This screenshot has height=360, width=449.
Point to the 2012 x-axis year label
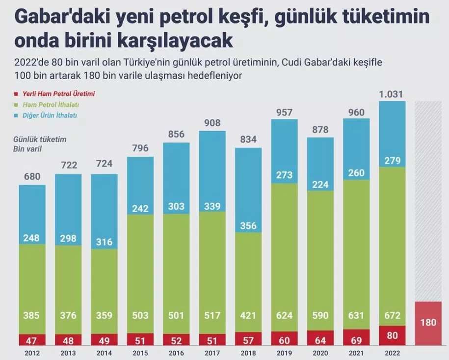33,353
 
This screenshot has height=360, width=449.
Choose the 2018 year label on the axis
248,353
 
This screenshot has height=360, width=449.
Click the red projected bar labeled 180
428,323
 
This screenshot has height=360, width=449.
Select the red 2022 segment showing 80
393,336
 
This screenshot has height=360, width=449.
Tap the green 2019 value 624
284,315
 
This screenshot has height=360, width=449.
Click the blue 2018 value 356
248,225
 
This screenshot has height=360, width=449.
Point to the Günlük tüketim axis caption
40,139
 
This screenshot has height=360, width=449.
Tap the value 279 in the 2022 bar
393,161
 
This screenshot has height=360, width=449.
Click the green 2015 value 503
140,315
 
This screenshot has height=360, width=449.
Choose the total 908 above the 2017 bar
212,123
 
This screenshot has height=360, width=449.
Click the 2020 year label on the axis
320,353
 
